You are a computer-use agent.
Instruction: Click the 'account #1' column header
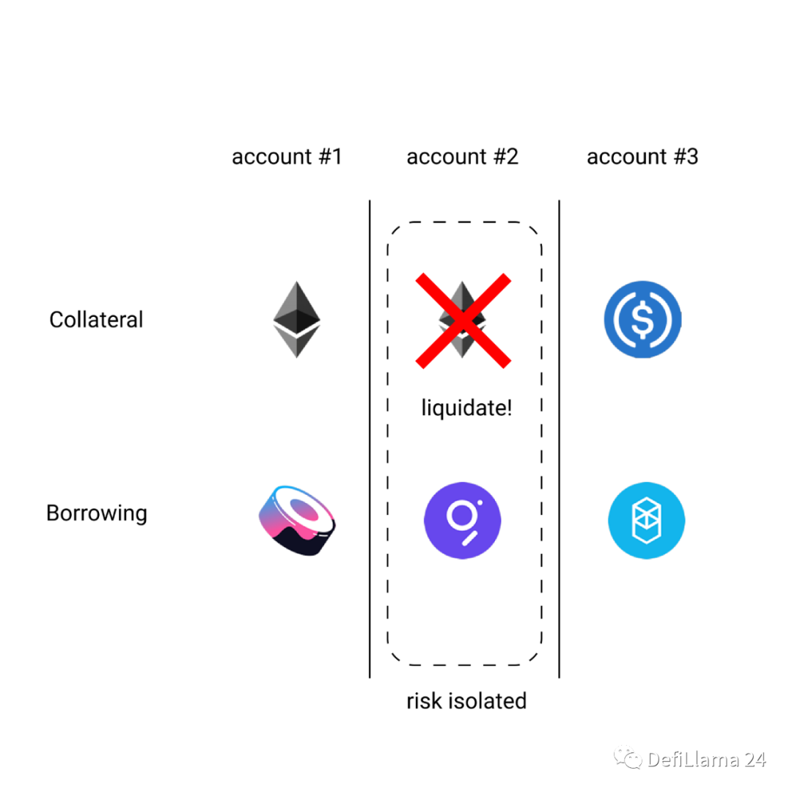(x=287, y=157)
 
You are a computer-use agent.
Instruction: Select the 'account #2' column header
(x=462, y=157)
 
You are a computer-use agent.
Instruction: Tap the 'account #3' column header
(x=642, y=157)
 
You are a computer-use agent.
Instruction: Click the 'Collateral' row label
(x=96, y=320)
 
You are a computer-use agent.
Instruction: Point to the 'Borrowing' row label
(x=96, y=513)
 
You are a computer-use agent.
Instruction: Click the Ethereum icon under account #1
(x=297, y=319)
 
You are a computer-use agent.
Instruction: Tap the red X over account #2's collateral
(x=463, y=320)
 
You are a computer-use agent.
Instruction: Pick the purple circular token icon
(x=462, y=520)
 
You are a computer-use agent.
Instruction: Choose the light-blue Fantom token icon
(x=646, y=520)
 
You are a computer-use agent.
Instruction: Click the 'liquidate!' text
(x=466, y=408)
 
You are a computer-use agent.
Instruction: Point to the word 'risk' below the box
(x=423, y=701)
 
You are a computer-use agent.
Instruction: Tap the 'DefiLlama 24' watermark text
(x=706, y=760)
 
